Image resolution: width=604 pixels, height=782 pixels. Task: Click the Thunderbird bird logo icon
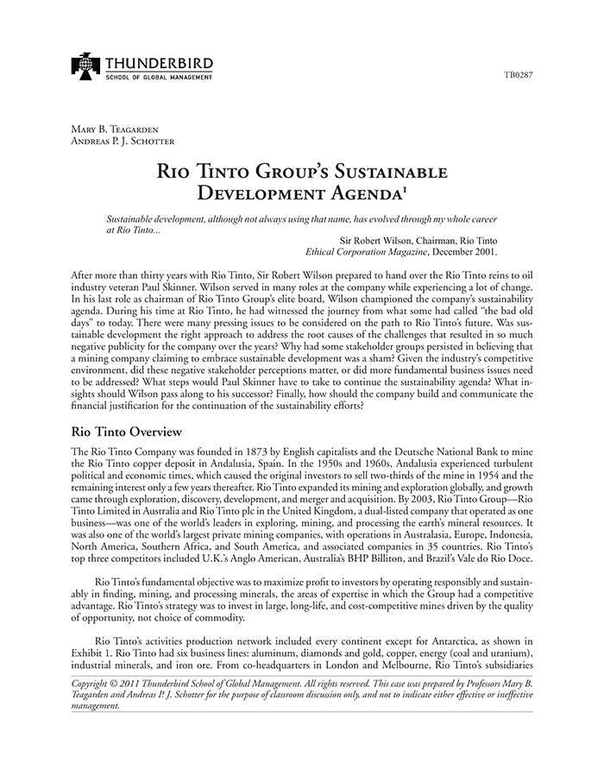tap(86, 66)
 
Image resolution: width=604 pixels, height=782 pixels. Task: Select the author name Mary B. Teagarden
tap(115, 129)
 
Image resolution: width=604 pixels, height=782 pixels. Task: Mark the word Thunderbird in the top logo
tap(160, 63)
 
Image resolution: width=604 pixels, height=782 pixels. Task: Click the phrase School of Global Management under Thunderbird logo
tap(160, 78)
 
